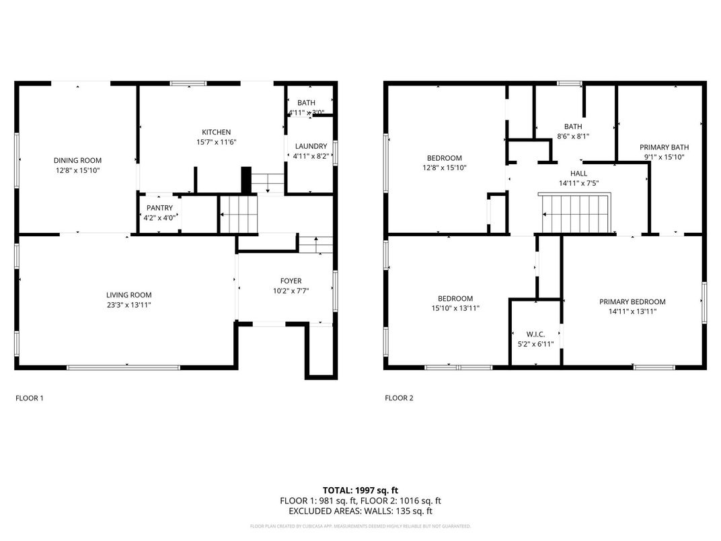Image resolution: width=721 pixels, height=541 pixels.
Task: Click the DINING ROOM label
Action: tap(77, 160)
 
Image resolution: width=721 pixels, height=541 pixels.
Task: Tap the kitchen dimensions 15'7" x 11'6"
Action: tap(216, 142)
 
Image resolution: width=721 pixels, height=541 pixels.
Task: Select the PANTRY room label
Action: tap(159, 208)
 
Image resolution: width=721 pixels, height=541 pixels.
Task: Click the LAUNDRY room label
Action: tap(310, 146)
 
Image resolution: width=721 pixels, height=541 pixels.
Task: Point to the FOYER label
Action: tap(291, 281)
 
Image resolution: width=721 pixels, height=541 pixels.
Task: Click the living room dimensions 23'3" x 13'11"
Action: tap(128, 305)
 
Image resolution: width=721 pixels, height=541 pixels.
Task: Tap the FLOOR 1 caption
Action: tap(30, 398)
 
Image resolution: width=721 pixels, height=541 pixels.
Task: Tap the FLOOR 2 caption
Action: tap(399, 398)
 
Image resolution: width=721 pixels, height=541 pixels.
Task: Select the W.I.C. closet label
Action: tap(535, 334)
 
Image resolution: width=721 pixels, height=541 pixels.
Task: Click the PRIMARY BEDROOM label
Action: tap(632, 301)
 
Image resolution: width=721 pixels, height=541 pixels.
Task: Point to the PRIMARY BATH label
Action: tap(664, 147)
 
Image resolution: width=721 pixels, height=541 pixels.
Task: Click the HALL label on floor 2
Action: tap(578, 173)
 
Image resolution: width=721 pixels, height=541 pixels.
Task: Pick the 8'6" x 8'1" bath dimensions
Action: tap(573, 136)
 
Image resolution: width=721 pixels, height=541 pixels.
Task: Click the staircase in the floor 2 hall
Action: tap(576, 211)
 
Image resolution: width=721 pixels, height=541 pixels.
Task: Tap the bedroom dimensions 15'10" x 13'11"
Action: tap(455, 308)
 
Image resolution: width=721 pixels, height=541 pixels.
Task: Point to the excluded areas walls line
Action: tap(360, 511)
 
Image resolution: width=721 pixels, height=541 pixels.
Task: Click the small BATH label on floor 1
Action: tap(306, 103)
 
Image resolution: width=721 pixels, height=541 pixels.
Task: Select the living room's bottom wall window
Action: tap(123, 367)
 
